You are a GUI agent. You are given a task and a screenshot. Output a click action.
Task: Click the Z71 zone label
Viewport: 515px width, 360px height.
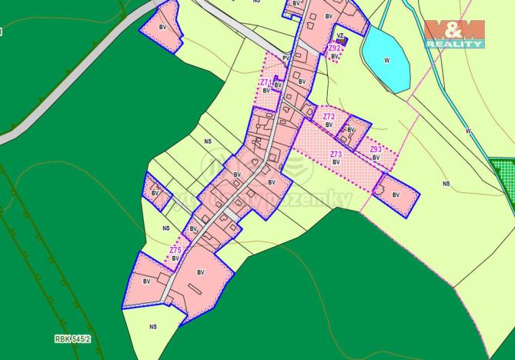coord(265,82)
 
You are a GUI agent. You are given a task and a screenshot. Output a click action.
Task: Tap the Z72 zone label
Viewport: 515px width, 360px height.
coord(329,116)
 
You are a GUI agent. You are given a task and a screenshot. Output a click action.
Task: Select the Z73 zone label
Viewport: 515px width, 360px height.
coord(336,154)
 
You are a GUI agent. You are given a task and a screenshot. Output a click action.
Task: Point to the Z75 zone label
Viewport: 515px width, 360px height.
coord(176,250)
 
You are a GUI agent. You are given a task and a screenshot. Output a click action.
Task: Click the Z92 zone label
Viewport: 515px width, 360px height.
coord(333,48)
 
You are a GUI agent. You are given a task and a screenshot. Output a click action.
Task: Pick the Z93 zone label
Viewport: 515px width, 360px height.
coord(376,149)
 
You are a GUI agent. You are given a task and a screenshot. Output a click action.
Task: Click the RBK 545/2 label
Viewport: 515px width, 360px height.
coord(72,338)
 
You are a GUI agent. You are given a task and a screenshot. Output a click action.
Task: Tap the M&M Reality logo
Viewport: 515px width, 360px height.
coord(454,34)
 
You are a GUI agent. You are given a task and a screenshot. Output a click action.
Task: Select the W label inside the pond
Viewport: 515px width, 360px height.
coord(386,59)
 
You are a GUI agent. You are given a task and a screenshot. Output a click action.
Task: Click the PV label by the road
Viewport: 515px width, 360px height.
coord(286,57)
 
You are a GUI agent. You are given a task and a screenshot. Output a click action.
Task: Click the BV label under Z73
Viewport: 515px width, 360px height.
coord(336,162)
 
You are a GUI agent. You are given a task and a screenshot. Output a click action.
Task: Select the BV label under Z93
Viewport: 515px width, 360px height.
coord(376,158)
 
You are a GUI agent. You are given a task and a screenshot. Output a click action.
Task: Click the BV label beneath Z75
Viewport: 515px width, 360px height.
coord(176,258)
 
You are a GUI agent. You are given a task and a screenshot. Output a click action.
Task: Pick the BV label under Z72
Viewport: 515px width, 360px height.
coord(329,125)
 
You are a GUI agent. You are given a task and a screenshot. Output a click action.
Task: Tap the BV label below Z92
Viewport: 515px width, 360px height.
coord(335,56)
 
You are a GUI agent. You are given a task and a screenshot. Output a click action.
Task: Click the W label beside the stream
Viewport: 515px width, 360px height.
coord(467,131)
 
